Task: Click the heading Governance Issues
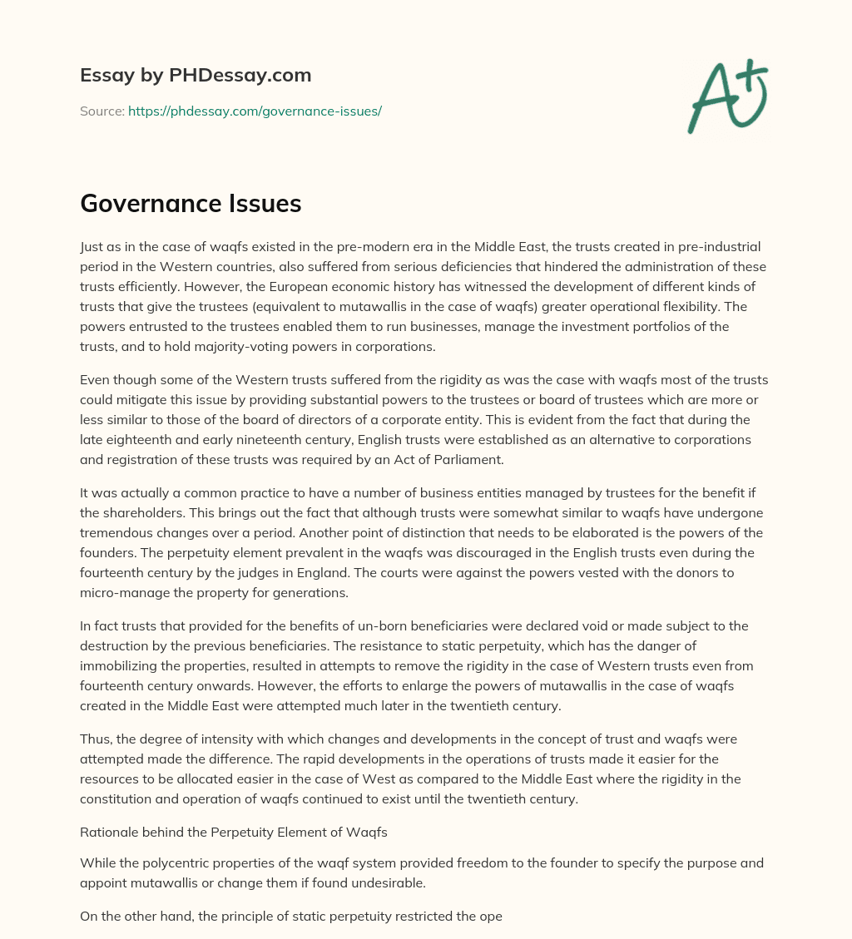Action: [x=191, y=204]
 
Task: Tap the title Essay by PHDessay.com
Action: [x=196, y=76]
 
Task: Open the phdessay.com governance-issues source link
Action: [x=255, y=111]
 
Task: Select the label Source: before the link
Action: [x=102, y=111]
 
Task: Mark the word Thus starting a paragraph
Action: [x=96, y=739]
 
